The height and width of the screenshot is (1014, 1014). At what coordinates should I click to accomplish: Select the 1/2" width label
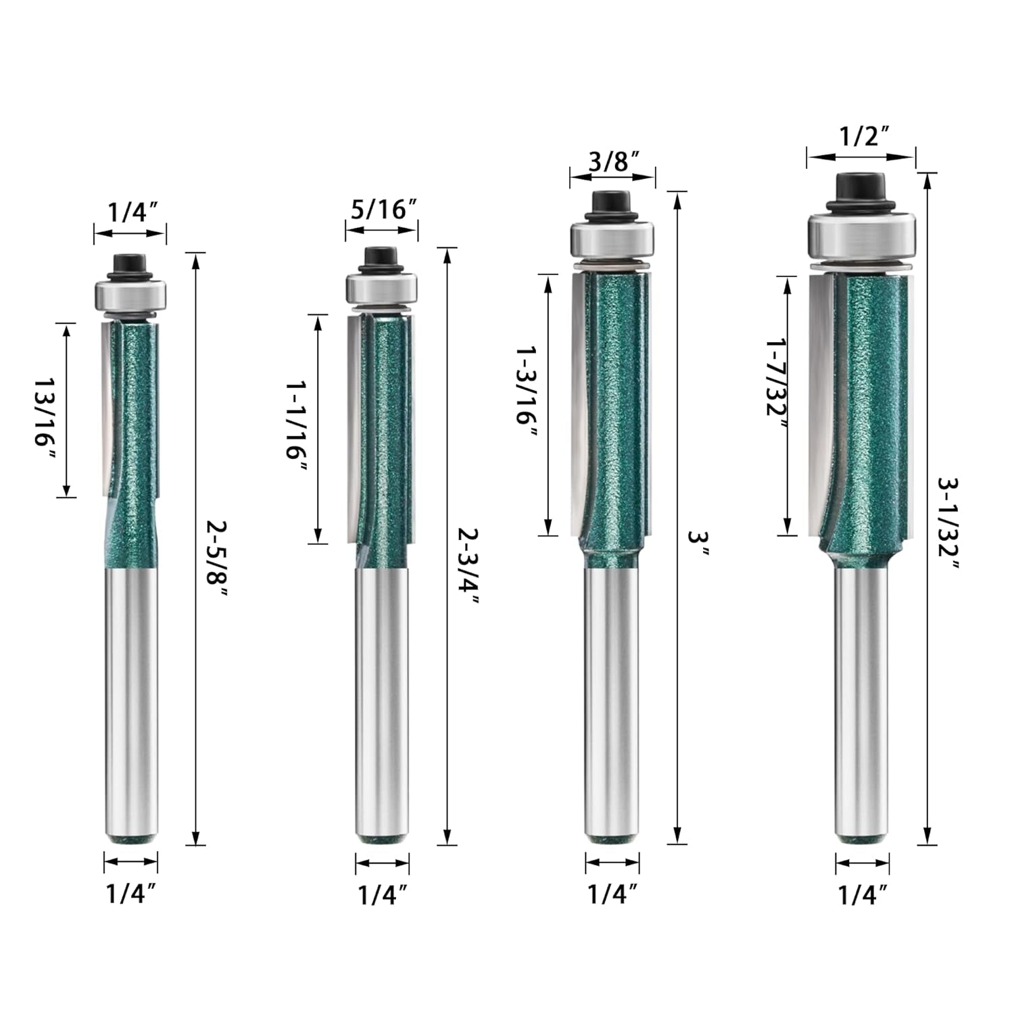[x=863, y=137]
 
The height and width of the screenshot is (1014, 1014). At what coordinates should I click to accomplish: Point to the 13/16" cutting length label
[x=46, y=410]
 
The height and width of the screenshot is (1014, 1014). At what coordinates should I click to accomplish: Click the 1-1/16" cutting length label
[x=297, y=429]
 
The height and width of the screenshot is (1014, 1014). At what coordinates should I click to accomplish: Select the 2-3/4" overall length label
[x=468, y=566]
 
